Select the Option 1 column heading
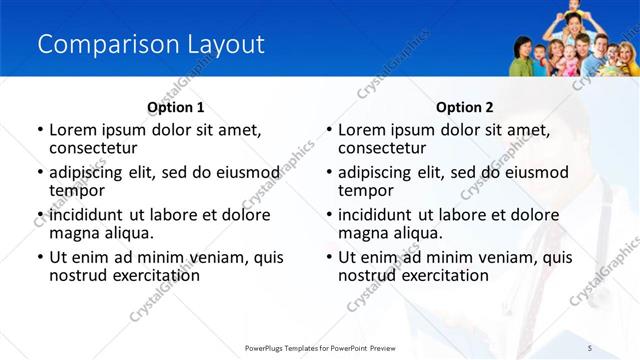pos(175,107)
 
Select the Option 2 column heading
pos(465,107)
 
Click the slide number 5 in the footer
pos(590,347)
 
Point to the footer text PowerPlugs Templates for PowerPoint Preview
pos(320,347)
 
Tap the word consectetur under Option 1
pos(92,148)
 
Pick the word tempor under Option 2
pos(366,191)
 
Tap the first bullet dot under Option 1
pos(39,131)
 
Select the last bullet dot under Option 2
pos(328,258)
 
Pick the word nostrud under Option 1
pos(78,275)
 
